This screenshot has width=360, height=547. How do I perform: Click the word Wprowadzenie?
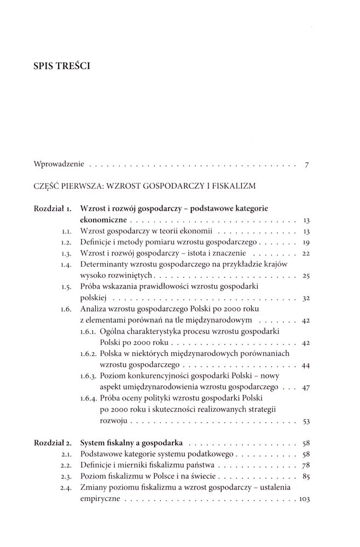click(59, 164)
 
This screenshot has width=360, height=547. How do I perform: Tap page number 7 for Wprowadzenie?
click(307, 164)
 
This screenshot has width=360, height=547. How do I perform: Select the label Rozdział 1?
click(53, 208)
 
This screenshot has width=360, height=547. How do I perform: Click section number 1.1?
click(67, 231)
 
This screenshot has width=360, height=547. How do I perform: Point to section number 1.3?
click(67, 254)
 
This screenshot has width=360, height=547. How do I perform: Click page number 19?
click(306, 243)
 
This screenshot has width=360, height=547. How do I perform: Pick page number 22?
click(305, 254)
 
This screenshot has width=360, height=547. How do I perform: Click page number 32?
click(305, 300)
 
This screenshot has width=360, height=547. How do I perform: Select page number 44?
click(305, 365)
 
